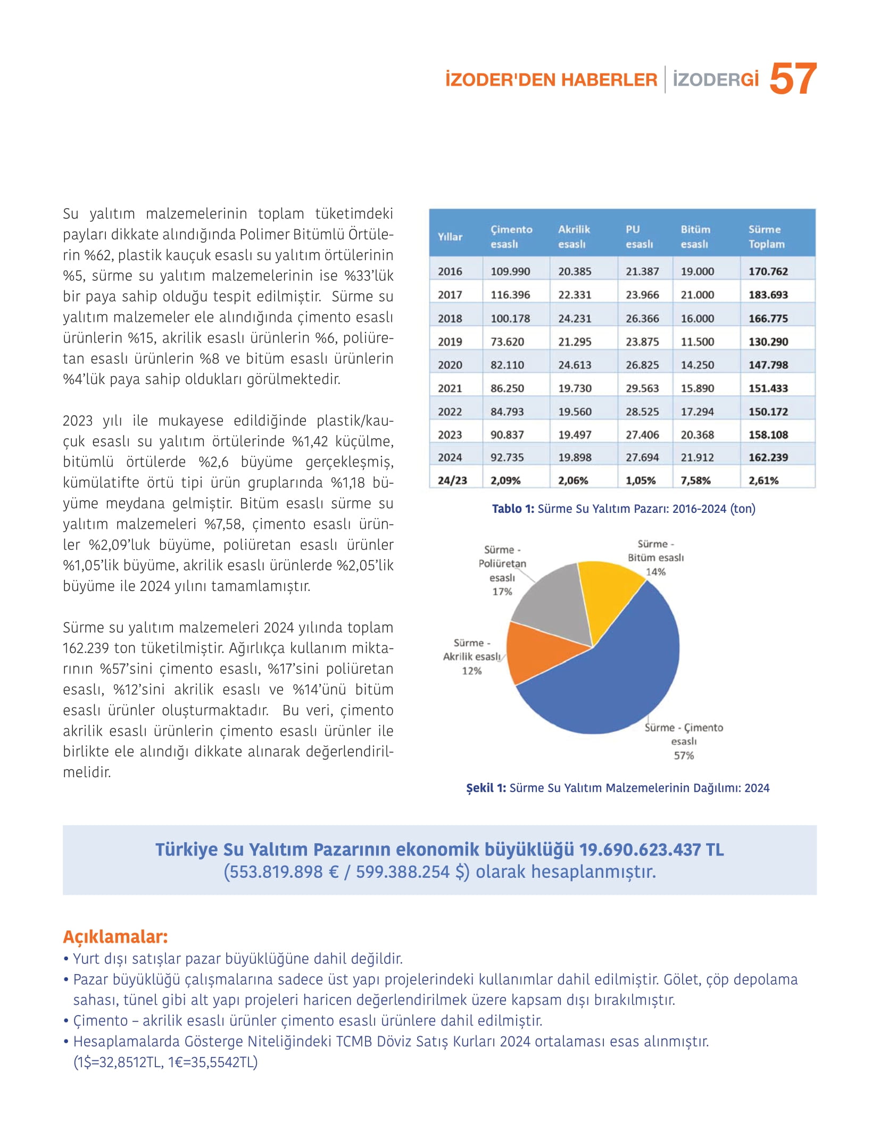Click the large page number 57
792,79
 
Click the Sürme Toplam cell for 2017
768,295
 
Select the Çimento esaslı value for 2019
507,342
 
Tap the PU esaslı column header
638,237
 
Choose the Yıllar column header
450,237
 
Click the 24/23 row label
452,480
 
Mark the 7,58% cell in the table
695,480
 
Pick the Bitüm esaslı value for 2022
697,412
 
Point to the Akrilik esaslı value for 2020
575,365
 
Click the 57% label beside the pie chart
684,755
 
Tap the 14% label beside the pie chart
655,572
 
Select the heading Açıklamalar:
115,936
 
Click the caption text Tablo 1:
513,509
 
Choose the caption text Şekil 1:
486,788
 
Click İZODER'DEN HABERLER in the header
551,80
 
